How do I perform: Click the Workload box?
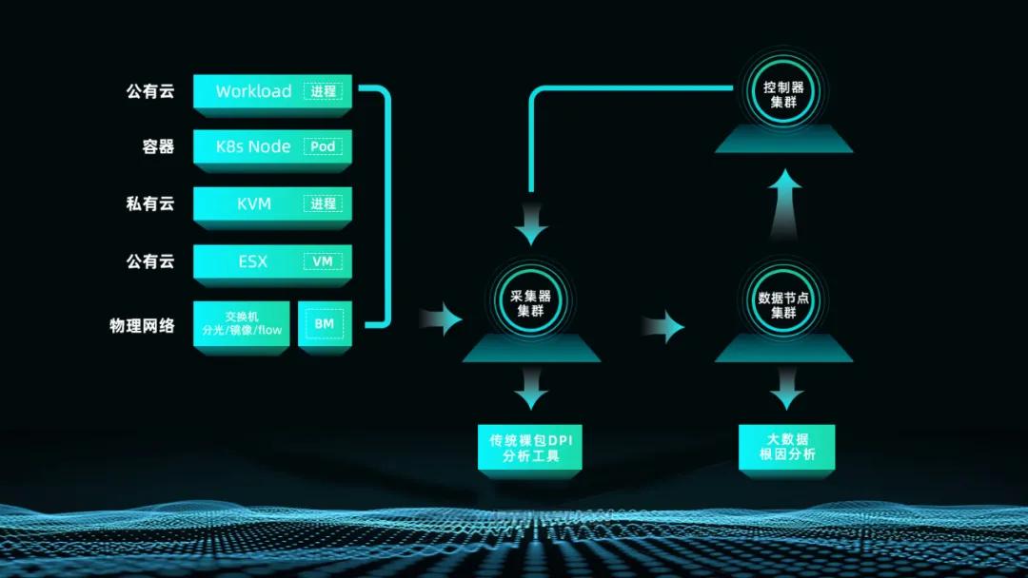(253, 91)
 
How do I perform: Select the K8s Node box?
(251, 146)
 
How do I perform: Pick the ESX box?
(253, 260)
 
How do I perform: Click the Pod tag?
(323, 146)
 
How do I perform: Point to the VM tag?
(323, 260)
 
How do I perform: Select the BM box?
(325, 323)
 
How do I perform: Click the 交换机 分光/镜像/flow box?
(242, 323)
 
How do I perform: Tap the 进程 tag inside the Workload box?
(323, 91)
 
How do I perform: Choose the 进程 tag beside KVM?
(323, 203)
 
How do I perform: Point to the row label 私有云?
(150, 203)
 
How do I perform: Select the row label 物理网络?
(142, 325)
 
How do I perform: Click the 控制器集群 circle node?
(783, 95)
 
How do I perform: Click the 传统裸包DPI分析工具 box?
(530, 448)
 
